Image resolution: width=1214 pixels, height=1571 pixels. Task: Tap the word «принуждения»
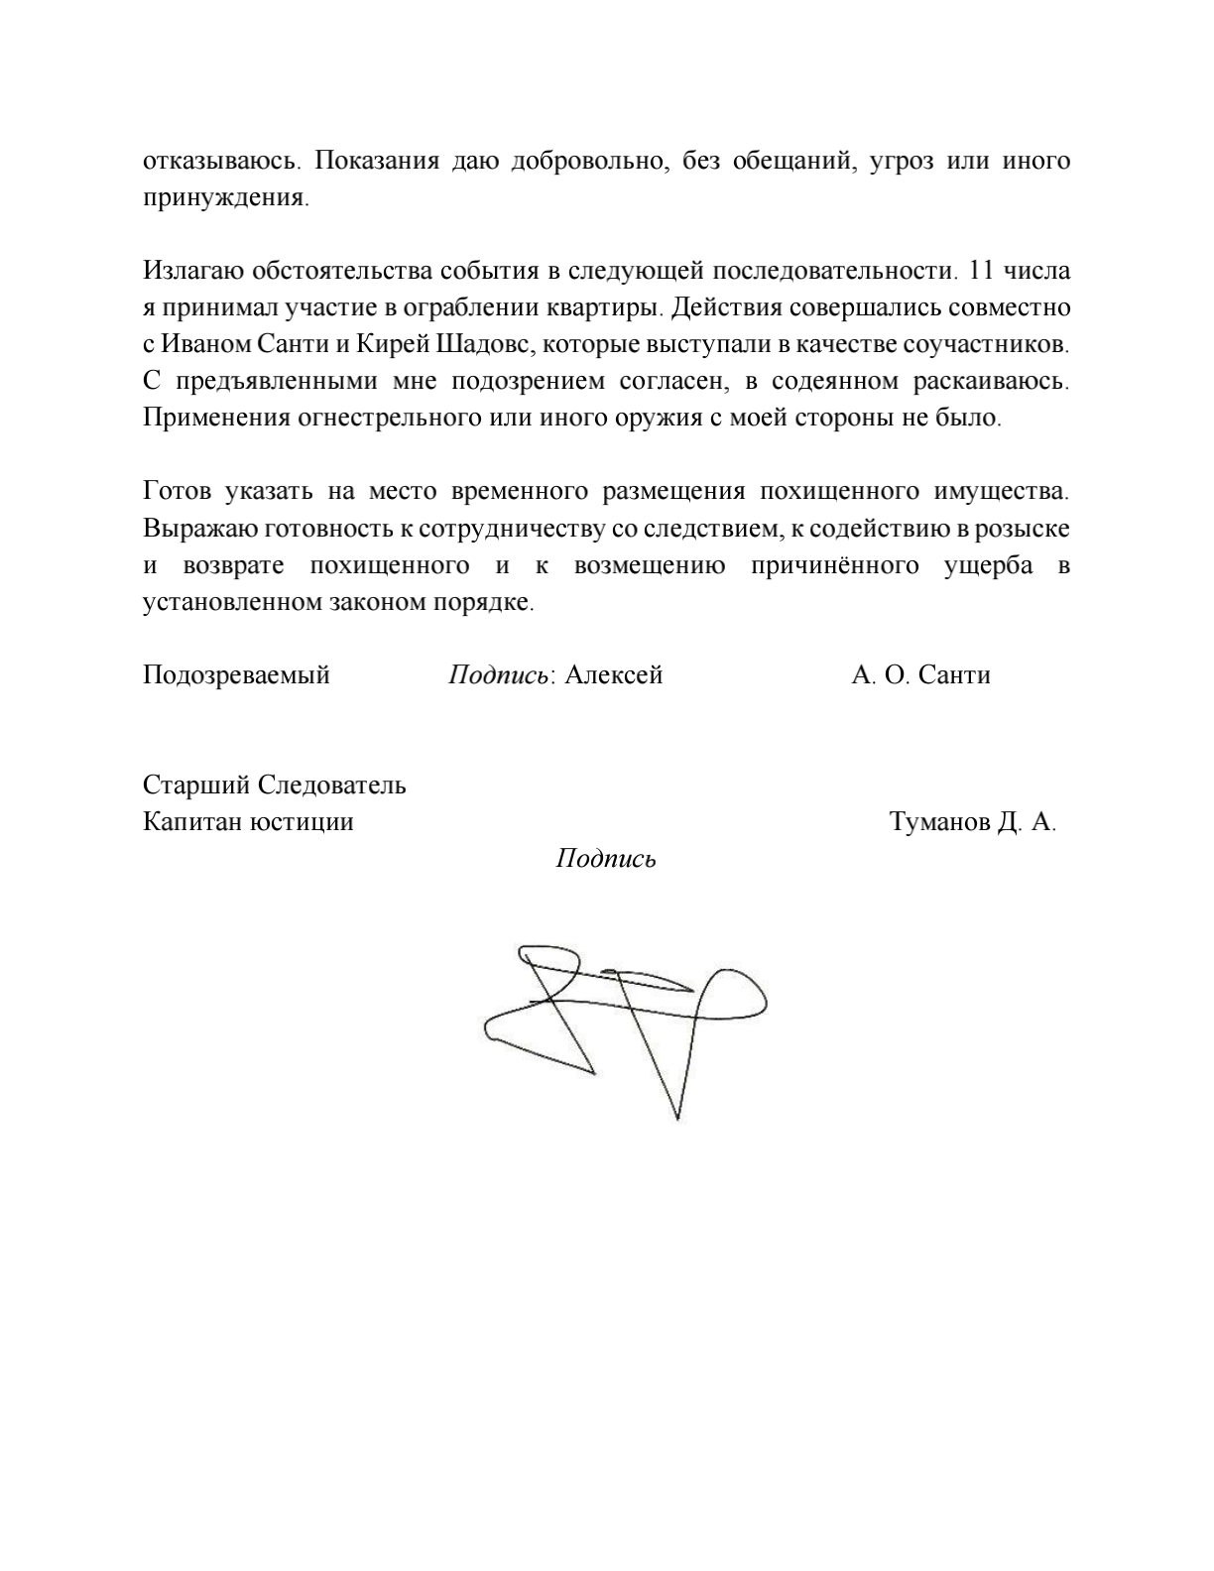(x=225, y=197)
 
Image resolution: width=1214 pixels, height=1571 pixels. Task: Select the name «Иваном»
(x=206, y=344)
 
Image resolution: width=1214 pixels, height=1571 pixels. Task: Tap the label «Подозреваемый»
(x=236, y=675)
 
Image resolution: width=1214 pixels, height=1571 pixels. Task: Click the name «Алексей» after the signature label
(x=613, y=675)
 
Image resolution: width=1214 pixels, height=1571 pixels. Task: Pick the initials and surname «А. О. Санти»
(x=920, y=675)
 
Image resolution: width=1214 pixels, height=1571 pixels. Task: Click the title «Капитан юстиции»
(x=248, y=822)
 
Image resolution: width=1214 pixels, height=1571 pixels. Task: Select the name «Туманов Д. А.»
(x=973, y=822)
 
